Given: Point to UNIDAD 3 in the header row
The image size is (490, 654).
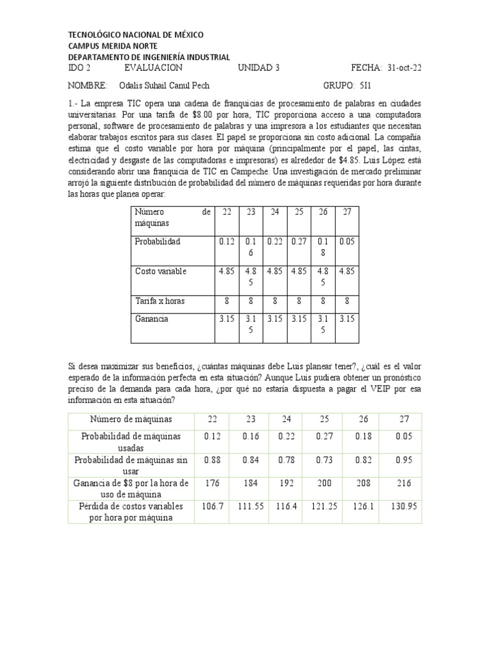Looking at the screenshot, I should tap(258, 68).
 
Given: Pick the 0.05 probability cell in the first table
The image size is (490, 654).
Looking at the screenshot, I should tap(347, 241).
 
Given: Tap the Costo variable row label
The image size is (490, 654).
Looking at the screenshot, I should tap(160, 271).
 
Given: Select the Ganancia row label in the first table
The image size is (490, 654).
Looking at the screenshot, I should tap(151, 319).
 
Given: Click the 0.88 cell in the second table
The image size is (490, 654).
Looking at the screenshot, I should tap(212, 459).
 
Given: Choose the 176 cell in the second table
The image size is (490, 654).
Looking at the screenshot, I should tap(212, 483).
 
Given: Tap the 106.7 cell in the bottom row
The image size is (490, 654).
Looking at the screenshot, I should tap(212, 506).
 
